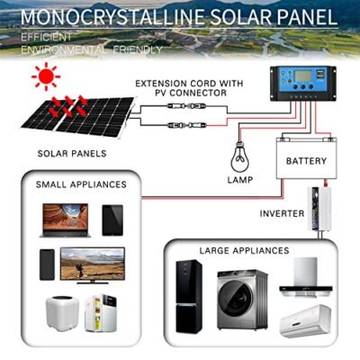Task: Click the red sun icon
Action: pos(46,76)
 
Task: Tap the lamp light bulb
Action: pos(239,158)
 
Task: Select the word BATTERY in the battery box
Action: pos(306,161)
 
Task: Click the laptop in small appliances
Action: pos(66,220)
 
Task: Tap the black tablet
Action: pos(112,220)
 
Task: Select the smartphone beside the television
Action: pos(47,265)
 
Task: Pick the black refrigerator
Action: pos(189,297)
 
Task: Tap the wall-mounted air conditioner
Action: pos(305,321)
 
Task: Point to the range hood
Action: pos(306,276)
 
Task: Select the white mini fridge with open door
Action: pos(101,313)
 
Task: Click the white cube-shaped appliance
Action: pos(62,312)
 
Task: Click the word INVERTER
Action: pos(282,213)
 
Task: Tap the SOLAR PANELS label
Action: pos(72,154)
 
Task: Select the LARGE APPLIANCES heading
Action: pos(245,250)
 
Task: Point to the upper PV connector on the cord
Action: pos(186,106)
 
